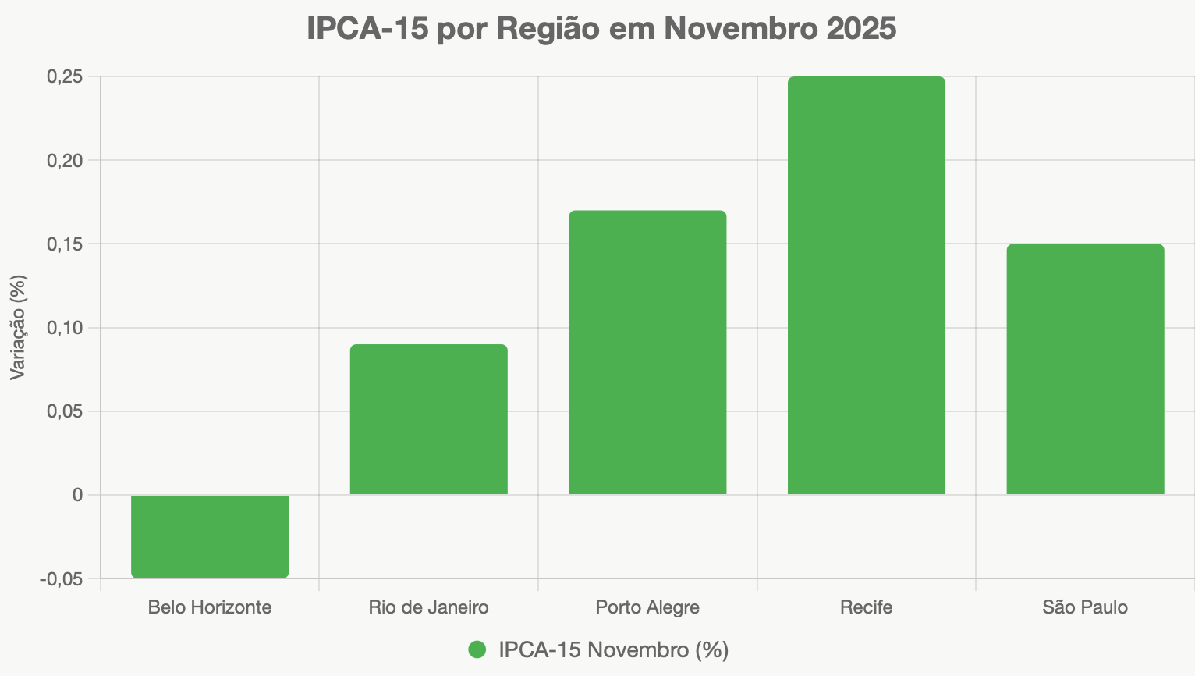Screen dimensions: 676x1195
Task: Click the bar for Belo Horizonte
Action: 210,536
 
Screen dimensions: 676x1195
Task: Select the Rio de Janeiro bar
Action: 429,419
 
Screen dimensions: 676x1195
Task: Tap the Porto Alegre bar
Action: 647,352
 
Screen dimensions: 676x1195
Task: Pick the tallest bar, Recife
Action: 867,285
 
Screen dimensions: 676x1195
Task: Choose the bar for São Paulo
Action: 1085,368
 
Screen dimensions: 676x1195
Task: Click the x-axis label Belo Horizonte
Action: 210,607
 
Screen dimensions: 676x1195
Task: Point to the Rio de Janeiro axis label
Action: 429,607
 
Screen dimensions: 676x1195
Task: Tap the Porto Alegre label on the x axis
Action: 647,607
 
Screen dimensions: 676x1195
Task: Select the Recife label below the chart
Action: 867,607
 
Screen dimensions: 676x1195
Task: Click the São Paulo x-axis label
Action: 1085,607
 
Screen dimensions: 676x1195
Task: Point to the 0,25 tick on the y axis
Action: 65,76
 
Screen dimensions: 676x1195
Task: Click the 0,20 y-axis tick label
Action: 65,160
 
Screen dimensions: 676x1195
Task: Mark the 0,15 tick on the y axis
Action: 65,244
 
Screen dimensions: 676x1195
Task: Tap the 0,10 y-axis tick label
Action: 65,328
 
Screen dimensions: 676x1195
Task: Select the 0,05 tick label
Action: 65,411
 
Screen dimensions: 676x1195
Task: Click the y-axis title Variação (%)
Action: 18,328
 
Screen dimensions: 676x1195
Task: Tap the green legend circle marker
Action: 477,649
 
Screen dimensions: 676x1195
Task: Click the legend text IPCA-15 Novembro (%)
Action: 613,649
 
